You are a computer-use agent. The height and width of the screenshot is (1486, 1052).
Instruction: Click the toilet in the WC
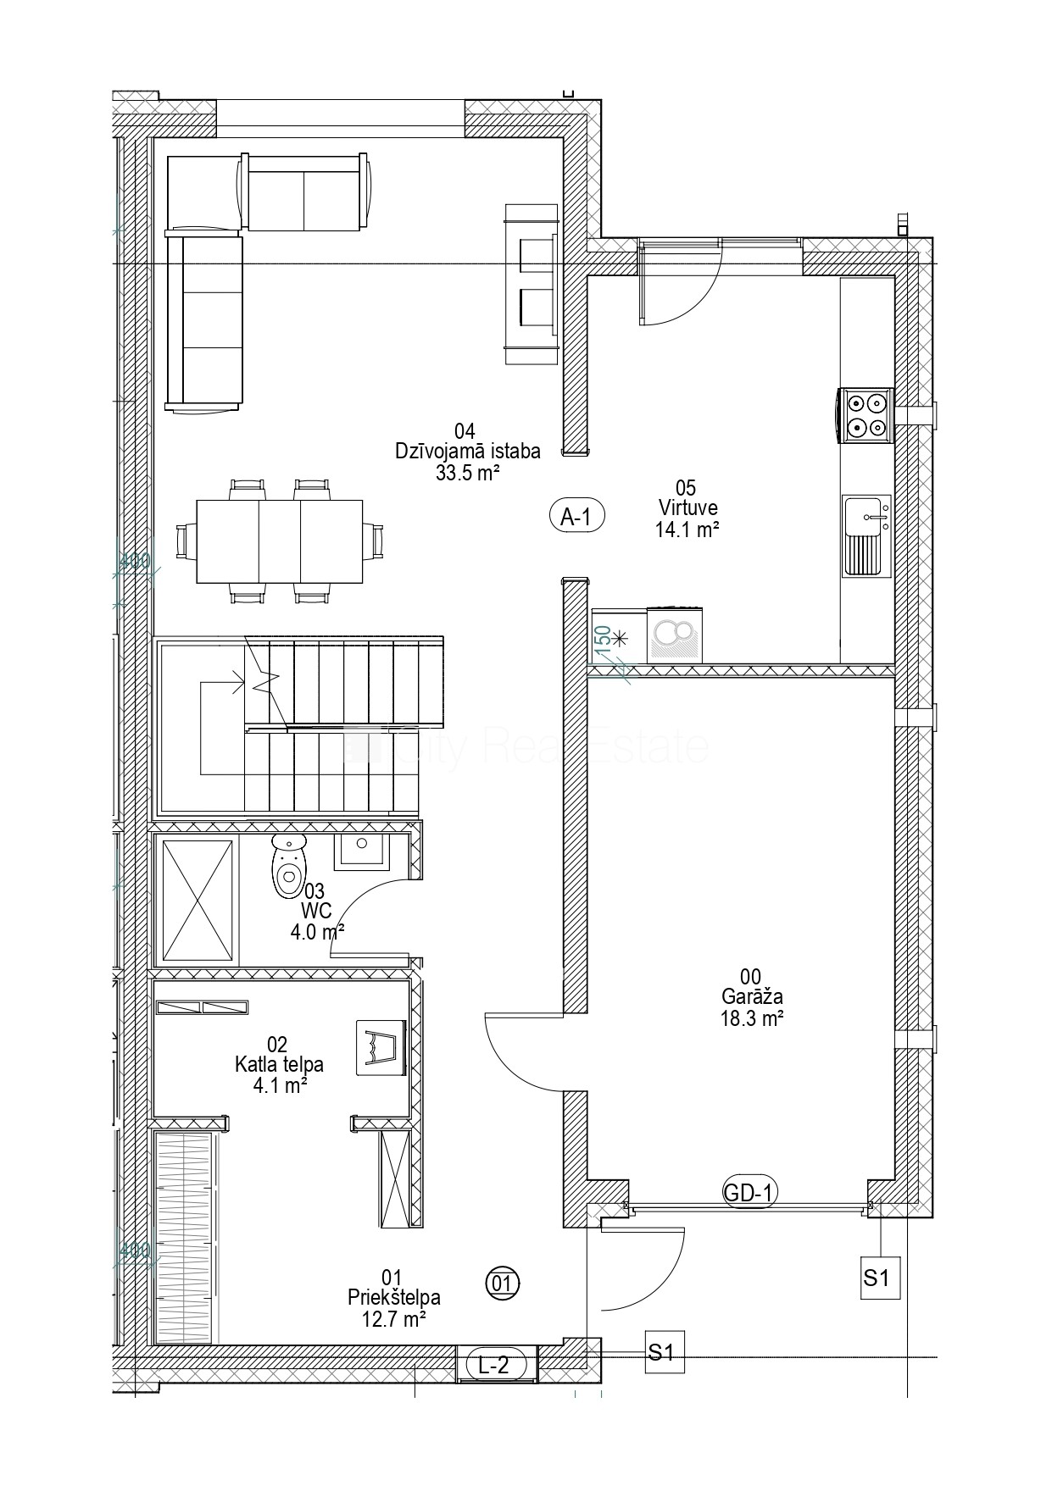289,865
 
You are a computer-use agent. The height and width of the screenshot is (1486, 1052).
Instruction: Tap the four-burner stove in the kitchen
866,416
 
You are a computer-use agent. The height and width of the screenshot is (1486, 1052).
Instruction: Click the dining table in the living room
280,541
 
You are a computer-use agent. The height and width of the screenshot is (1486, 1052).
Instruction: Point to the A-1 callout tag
576,516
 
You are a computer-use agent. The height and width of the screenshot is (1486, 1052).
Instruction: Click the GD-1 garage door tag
749,1193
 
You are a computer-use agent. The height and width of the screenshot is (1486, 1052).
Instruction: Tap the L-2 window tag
496,1365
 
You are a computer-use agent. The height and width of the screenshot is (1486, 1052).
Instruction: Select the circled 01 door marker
503,1283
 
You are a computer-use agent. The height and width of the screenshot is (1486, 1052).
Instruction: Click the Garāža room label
751,997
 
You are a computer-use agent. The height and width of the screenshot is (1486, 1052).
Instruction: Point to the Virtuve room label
688,507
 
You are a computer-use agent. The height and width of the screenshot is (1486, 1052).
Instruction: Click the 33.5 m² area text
467,473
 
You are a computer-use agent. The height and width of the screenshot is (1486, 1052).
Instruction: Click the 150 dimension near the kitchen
601,636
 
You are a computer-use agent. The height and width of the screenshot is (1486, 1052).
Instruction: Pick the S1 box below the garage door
877,1277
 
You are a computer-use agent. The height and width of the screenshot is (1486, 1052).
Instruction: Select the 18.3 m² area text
751,1018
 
